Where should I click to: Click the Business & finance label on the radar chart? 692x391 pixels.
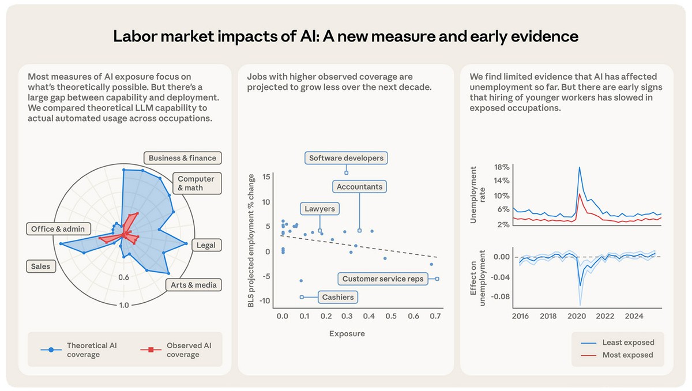[x=182, y=158]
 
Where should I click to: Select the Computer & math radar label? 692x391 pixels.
[x=195, y=183]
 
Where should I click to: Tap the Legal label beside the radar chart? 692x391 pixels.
[x=206, y=245]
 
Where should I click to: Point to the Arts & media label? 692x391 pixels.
[x=193, y=285]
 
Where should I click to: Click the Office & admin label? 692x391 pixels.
[x=58, y=229]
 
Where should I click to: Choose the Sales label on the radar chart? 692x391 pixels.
[x=40, y=266]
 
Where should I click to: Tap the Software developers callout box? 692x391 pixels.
[x=346, y=158]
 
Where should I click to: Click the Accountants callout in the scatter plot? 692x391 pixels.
[x=359, y=187]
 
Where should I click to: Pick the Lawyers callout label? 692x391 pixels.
[x=319, y=209]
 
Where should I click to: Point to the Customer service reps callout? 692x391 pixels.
[x=383, y=279]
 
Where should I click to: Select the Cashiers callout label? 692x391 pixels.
[x=338, y=298]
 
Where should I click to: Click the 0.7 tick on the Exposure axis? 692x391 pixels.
[x=435, y=316]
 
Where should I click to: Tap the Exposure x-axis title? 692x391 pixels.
[x=347, y=333]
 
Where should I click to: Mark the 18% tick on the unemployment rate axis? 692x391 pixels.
[x=502, y=167]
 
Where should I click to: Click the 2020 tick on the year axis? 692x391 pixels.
[x=577, y=316]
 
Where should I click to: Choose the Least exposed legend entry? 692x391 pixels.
[x=628, y=343]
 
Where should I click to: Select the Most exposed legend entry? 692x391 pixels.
[x=627, y=355]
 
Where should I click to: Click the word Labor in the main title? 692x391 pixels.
[x=136, y=37]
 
